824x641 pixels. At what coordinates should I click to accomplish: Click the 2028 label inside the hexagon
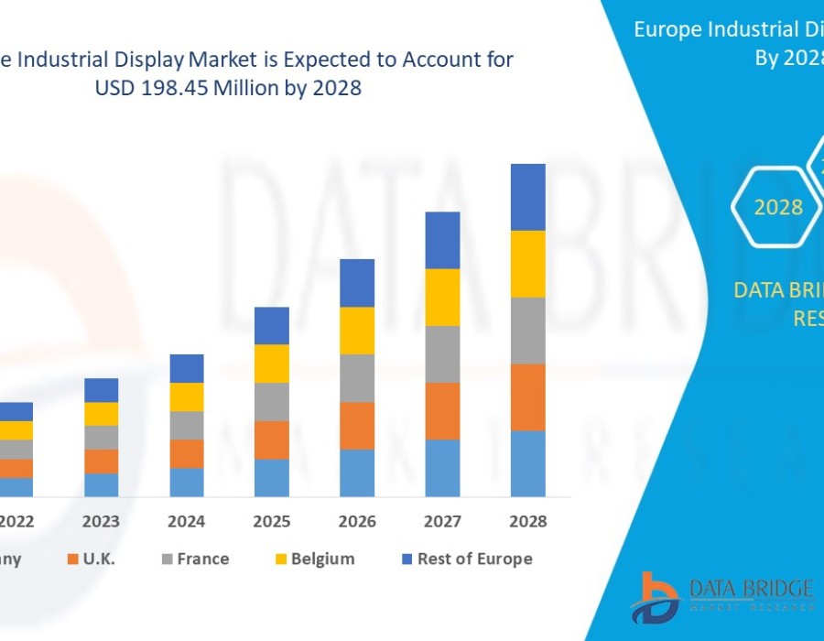point(778,208)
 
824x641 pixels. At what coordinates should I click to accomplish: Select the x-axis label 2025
point(272,521)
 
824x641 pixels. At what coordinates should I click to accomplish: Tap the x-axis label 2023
point(101,521)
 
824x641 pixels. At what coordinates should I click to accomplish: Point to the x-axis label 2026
point(357,521)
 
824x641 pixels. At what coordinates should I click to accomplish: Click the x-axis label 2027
point(442,521)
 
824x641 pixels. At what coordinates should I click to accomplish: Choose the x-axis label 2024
point(187,521)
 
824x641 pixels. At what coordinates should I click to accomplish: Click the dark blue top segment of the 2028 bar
point(528,197)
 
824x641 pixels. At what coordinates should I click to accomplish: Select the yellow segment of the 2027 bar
point(442,297)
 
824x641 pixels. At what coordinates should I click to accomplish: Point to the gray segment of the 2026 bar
point(357,378)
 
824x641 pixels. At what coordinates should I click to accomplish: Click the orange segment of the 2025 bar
point(272,440)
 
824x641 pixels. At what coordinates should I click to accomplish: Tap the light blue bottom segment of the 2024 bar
point(187,483)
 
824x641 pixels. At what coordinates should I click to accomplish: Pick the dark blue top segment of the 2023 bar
point(101,390)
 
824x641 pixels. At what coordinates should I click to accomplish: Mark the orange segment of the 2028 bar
point(528,397)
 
